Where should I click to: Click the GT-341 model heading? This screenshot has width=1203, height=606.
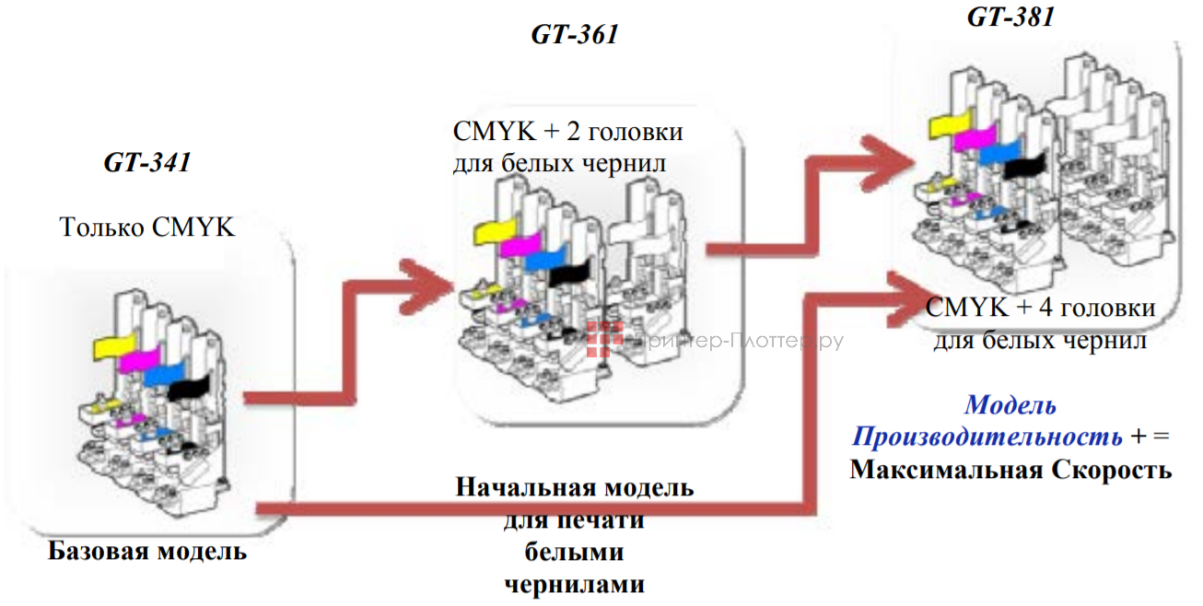pyautogui.click(x=146, y=164)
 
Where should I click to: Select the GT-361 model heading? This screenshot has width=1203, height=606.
pyautogui.click(x=574, y=35)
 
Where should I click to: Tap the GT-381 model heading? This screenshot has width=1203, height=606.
pyautogui.click(x=1010, y=17)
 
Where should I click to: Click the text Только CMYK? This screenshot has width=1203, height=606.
pyautogui.click(x=146, y=227)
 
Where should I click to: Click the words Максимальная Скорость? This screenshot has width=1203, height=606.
pyautogui.click(x=1010, y=470)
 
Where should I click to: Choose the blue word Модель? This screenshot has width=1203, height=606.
pyautogui.click(x=1010, y=404)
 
